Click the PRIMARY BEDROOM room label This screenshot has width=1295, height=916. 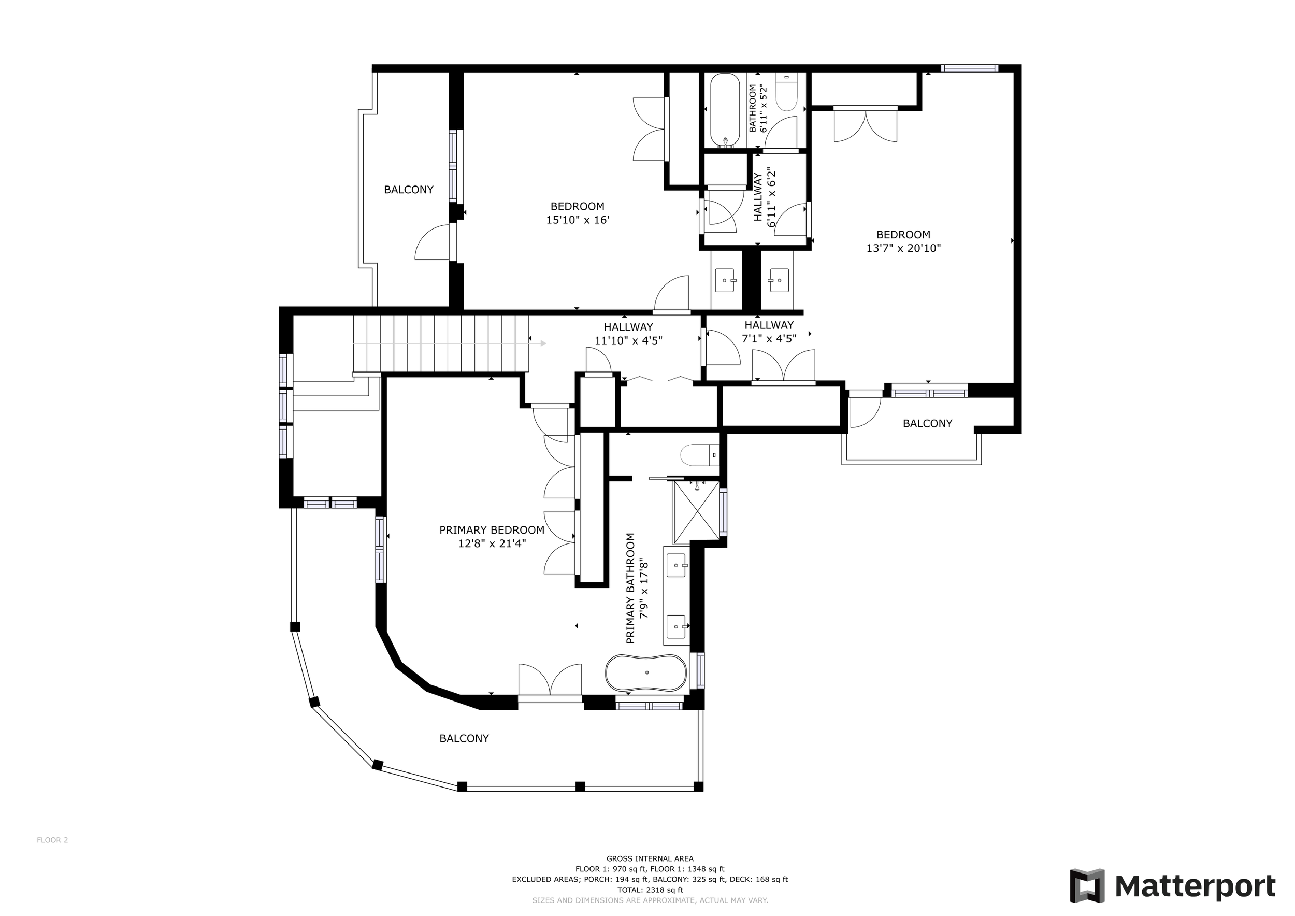coord(492,530)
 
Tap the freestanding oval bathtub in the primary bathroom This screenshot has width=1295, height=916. coord(646,673)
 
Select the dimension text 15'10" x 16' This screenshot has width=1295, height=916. coord(578,220)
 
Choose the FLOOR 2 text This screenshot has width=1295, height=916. coord(52,840)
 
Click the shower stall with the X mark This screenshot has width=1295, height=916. coord(697,512)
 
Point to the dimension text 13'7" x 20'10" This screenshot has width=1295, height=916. coord(903,248)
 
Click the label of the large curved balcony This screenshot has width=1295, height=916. coord(464,738)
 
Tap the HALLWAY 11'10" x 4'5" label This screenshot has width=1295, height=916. coord(628,334)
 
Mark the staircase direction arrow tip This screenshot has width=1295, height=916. coord(546,343)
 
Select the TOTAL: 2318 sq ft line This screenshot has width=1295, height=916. coord(650,890)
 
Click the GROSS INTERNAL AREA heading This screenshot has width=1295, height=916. coord(650,859)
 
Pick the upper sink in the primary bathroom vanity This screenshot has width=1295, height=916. coord(677,565)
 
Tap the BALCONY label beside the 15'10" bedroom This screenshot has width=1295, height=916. coord(409,190)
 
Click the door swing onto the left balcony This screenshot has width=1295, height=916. coord(434,242)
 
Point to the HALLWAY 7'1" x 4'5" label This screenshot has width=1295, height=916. coord(769,332)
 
